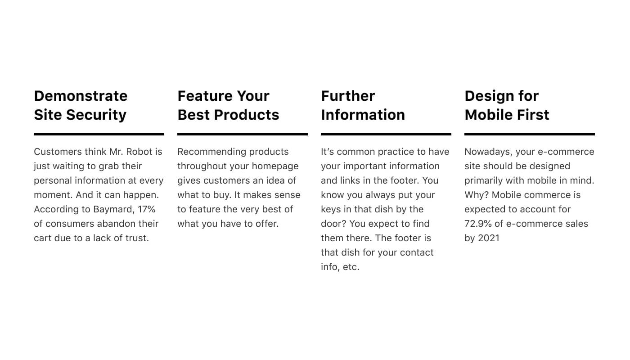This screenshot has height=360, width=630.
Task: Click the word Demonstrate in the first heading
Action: pos(81,96)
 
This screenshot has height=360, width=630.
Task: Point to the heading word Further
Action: pos(348,96)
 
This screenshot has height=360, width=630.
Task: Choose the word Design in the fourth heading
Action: pos(489,96)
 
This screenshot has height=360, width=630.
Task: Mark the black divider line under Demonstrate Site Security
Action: pos(99,134)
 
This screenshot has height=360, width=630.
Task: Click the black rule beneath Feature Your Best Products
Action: pos(243,134)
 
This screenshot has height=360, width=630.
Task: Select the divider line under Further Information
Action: pos(386,134)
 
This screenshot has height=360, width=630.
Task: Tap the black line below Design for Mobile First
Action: pos(530,134)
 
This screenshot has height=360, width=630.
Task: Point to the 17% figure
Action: pos(146,209)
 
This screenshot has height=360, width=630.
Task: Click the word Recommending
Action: pos(210,152)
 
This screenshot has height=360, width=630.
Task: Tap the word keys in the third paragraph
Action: pos(331,209)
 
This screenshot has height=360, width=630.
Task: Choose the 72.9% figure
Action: pos(478,224)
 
